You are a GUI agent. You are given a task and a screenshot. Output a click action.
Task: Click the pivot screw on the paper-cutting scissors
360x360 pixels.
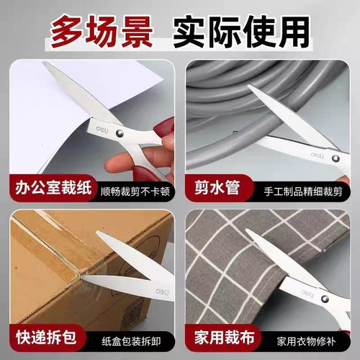tap(120, 133)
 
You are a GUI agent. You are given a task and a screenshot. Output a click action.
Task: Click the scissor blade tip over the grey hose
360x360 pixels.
tap(250, 87)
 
